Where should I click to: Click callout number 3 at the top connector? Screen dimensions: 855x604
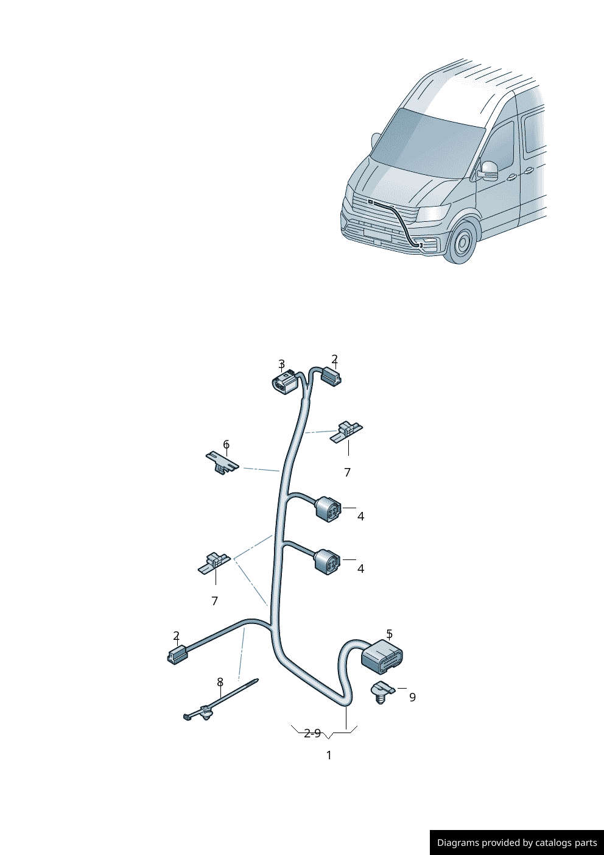281,364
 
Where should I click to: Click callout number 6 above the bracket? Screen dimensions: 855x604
226,444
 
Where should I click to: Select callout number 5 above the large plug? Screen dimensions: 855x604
389,634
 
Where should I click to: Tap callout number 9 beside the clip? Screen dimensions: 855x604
412,697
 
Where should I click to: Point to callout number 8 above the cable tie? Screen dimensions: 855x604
220,682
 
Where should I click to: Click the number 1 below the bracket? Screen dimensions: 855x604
329,755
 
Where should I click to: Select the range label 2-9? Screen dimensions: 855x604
312,733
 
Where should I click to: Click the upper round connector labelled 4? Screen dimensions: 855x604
328,509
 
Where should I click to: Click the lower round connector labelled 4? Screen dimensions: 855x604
327,561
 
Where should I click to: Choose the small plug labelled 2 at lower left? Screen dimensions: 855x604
177,655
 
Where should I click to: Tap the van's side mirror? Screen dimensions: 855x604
488,170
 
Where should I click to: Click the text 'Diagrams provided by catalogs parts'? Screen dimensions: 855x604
517,843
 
